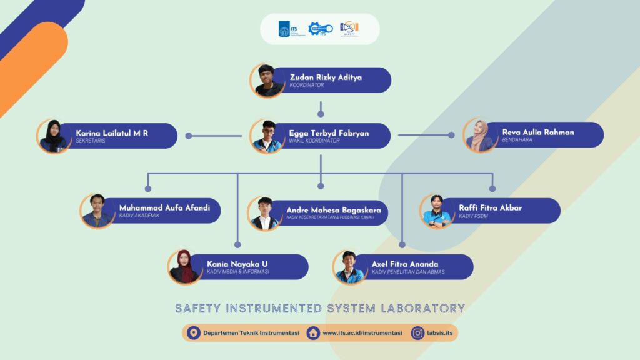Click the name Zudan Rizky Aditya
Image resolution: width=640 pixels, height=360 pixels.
point(326,77)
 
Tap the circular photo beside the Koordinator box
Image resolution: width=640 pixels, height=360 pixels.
point(267,80)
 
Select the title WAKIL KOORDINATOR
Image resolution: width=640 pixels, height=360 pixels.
point(314,141)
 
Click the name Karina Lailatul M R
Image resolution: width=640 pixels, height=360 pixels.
point(112,132)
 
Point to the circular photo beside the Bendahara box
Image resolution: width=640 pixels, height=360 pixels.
point(480,136)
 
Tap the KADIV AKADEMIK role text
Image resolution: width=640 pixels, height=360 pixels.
point(138,216)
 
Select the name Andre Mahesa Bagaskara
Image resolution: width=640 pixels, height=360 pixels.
point(334,210)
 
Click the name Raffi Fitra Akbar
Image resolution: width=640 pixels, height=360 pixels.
point(490,207)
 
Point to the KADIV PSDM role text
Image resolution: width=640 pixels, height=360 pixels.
point(472,216)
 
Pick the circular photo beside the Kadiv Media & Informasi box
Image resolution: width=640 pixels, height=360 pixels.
point(184,267)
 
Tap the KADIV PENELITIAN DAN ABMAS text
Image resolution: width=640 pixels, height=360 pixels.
point(412,272)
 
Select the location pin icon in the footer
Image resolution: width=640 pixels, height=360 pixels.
point(193,333)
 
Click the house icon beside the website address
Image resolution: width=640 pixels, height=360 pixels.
point(313,333)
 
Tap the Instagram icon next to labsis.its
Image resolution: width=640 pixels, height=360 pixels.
point(417,333)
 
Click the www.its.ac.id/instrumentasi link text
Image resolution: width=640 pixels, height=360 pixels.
point(362,333)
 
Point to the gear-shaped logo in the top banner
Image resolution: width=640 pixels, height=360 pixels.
point(318,29)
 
